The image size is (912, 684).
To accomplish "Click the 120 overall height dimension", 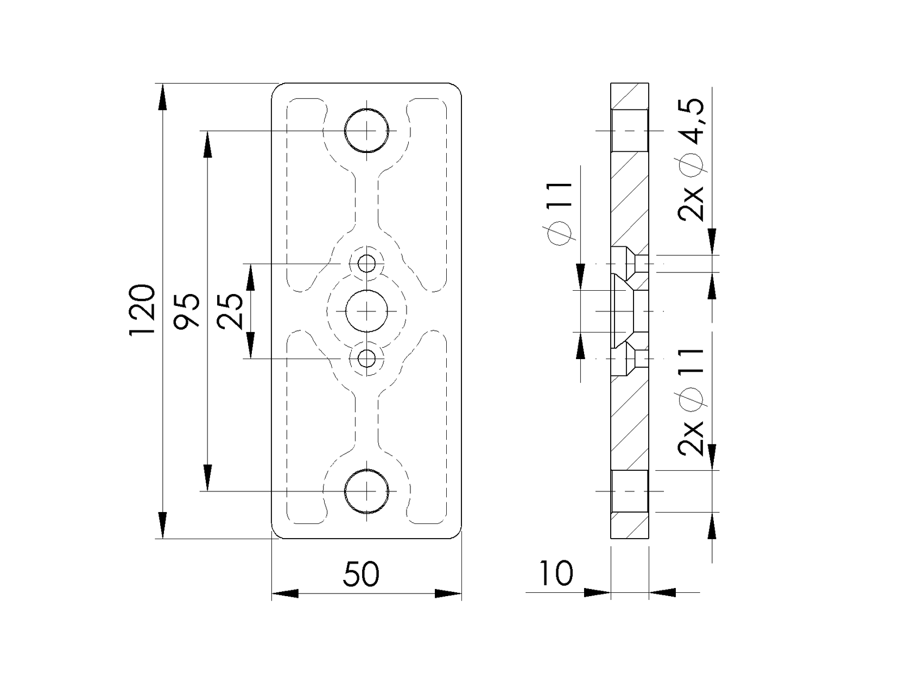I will (x=142, y=310).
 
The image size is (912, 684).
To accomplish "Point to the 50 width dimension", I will (x=361, y=574).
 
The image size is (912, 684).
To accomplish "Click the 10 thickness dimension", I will (x=556, y=574).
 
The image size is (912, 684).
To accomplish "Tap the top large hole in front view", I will (x=367, y=131).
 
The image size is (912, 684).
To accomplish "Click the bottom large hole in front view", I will (x=367, y=491).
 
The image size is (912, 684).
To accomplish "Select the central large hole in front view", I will (x=367, y=311).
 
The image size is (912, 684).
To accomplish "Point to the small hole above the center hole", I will (x=368, y=264).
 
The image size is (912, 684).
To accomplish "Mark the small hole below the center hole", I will (x=368, y=358).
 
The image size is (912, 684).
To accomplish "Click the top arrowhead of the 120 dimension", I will (x=162, y=98).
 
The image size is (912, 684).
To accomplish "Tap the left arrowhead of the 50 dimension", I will (x=285, y=593).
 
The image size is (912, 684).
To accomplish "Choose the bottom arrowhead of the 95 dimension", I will (x=207, y=477).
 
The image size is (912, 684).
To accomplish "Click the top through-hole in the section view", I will (x=630, y=131).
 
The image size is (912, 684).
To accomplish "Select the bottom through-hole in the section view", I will (x=630, y=491).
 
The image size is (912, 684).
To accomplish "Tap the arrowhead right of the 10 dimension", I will (x=662, y=593).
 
